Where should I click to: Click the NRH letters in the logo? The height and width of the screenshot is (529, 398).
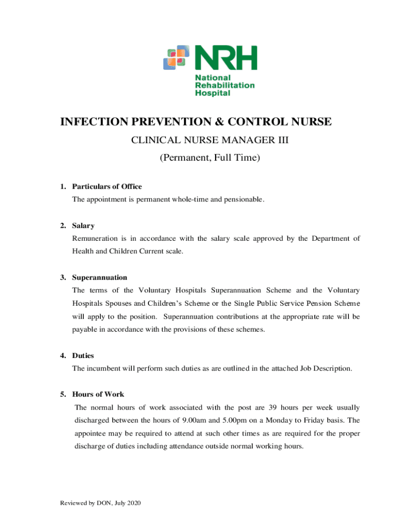225,58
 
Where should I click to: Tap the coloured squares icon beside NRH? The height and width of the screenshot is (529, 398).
175,58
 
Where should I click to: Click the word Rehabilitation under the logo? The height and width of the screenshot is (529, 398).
224,85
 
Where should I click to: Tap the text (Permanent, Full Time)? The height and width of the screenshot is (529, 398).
209,157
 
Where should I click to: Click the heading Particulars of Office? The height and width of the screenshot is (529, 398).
107,186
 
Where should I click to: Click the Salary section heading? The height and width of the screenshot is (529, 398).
83,226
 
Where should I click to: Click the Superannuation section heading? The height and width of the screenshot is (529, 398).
100,277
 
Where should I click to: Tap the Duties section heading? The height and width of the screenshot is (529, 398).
83,355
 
